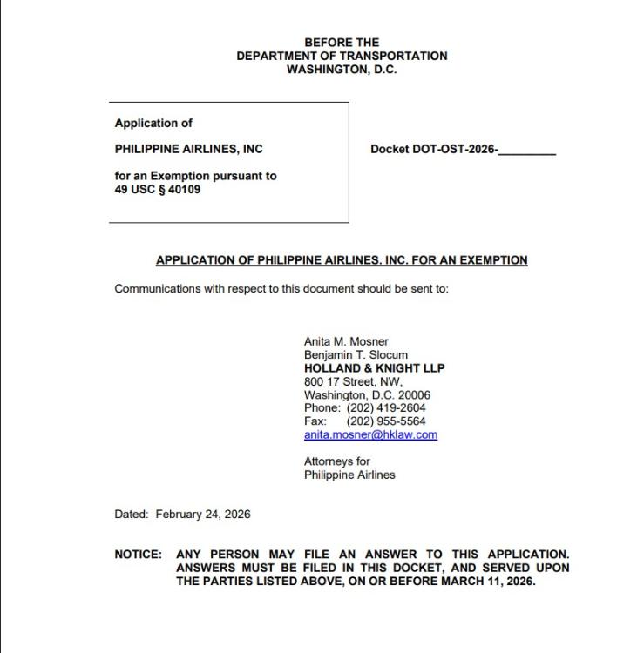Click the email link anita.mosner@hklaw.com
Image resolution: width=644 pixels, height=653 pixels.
coord(370,434)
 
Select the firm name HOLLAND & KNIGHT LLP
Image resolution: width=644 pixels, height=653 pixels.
coord(374,368)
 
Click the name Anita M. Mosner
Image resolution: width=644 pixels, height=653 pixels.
coord(346,341)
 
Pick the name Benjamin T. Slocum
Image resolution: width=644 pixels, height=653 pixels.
coord(356,355)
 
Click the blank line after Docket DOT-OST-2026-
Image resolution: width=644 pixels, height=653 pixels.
coord(527,151)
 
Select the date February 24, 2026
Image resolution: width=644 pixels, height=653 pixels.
coord(203,514)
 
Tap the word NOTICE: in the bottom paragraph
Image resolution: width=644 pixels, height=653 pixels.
coord(138,555)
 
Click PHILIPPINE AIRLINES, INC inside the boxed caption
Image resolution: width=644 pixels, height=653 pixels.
coord(188,149)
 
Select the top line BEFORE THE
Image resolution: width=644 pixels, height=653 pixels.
coord(342,42)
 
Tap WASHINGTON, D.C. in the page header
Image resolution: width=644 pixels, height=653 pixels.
coord(342,70)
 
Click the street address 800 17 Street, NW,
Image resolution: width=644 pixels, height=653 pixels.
coord(353,381)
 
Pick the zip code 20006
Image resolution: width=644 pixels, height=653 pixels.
coord(414,394)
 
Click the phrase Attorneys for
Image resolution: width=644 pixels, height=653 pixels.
coord(336,461)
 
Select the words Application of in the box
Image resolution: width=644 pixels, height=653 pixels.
coord(153,123)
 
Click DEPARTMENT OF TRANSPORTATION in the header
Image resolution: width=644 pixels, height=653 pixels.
coord(342,56)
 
